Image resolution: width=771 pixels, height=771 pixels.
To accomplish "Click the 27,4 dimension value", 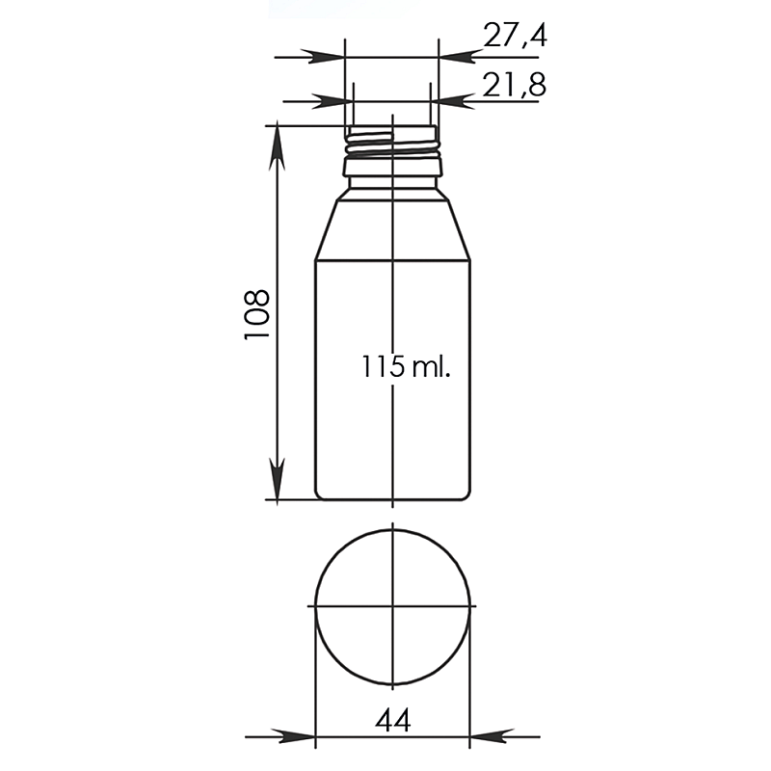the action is [x=515, y=36].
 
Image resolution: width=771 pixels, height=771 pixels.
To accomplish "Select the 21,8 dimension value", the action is [x=514, y=84].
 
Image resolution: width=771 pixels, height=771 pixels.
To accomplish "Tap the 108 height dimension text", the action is [x=257, y=314].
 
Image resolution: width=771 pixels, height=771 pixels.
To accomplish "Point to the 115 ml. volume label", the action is [x=406, y=366].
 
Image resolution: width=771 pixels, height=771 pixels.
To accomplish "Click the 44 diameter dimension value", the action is [x=392, y=721].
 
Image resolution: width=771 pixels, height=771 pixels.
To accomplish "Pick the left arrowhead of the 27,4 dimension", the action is [x=323, y=57].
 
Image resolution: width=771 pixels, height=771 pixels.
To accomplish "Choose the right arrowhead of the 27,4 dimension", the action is [x=460, y=57].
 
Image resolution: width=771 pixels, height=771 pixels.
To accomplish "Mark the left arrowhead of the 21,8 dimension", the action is [x=332, y=101].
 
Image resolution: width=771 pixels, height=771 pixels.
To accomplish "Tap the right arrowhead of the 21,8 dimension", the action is [x=452, y=101].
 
